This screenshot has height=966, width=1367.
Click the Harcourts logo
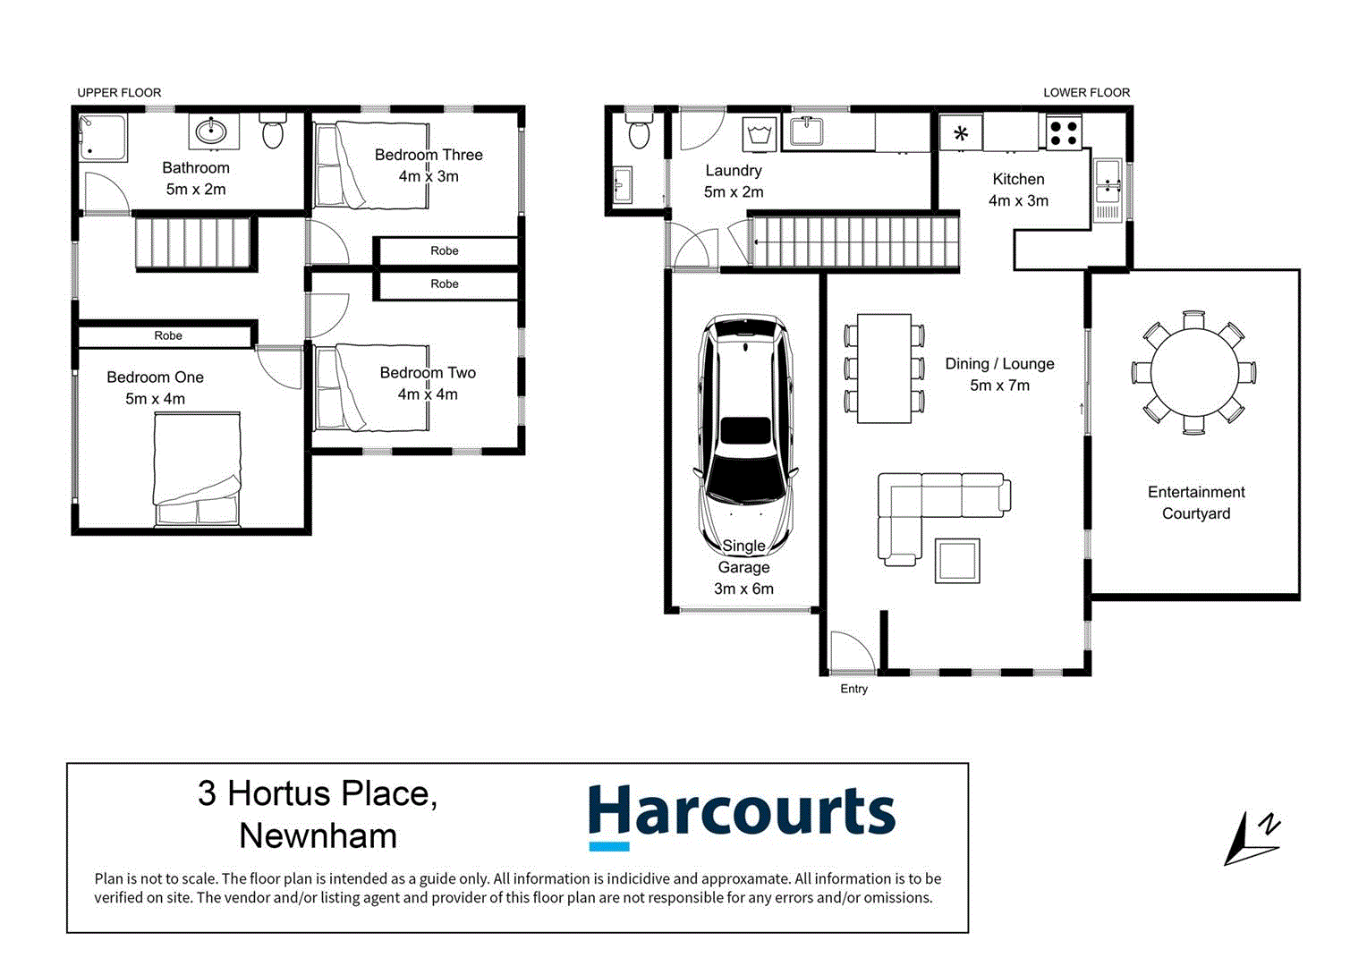pyautogui.click(x=741, y=815)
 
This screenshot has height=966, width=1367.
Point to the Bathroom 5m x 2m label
pyautogui.click(x=196, y=178)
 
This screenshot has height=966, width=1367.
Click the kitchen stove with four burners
pyautogui.click(x=1064, y=133)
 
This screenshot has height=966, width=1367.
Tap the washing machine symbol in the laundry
pyautogui.click(x=760, y=135)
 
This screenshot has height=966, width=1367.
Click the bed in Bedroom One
pyautogui.click(x=197, y=469)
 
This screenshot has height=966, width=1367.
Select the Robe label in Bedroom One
pyautogui.click(x=168, y=335)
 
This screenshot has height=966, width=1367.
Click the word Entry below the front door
pyautogui.click(x=853, y=689)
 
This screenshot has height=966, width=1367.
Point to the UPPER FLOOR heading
pyautogui.click(x=119, y=92)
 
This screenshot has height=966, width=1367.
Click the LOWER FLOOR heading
pyautogui.click(x=1086, y=92)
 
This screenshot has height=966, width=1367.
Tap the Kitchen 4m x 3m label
pyautogui.click(x=1018, y=190)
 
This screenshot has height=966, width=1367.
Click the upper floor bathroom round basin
pyautogui.click(x=213, y=132)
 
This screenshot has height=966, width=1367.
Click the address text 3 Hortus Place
pyautogui.click(x=318, y=793)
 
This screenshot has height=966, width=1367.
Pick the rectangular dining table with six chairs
pyautogui.click(x=884, y=368)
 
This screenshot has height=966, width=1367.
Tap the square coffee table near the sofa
pyautogui.click(x=956, y=561)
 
